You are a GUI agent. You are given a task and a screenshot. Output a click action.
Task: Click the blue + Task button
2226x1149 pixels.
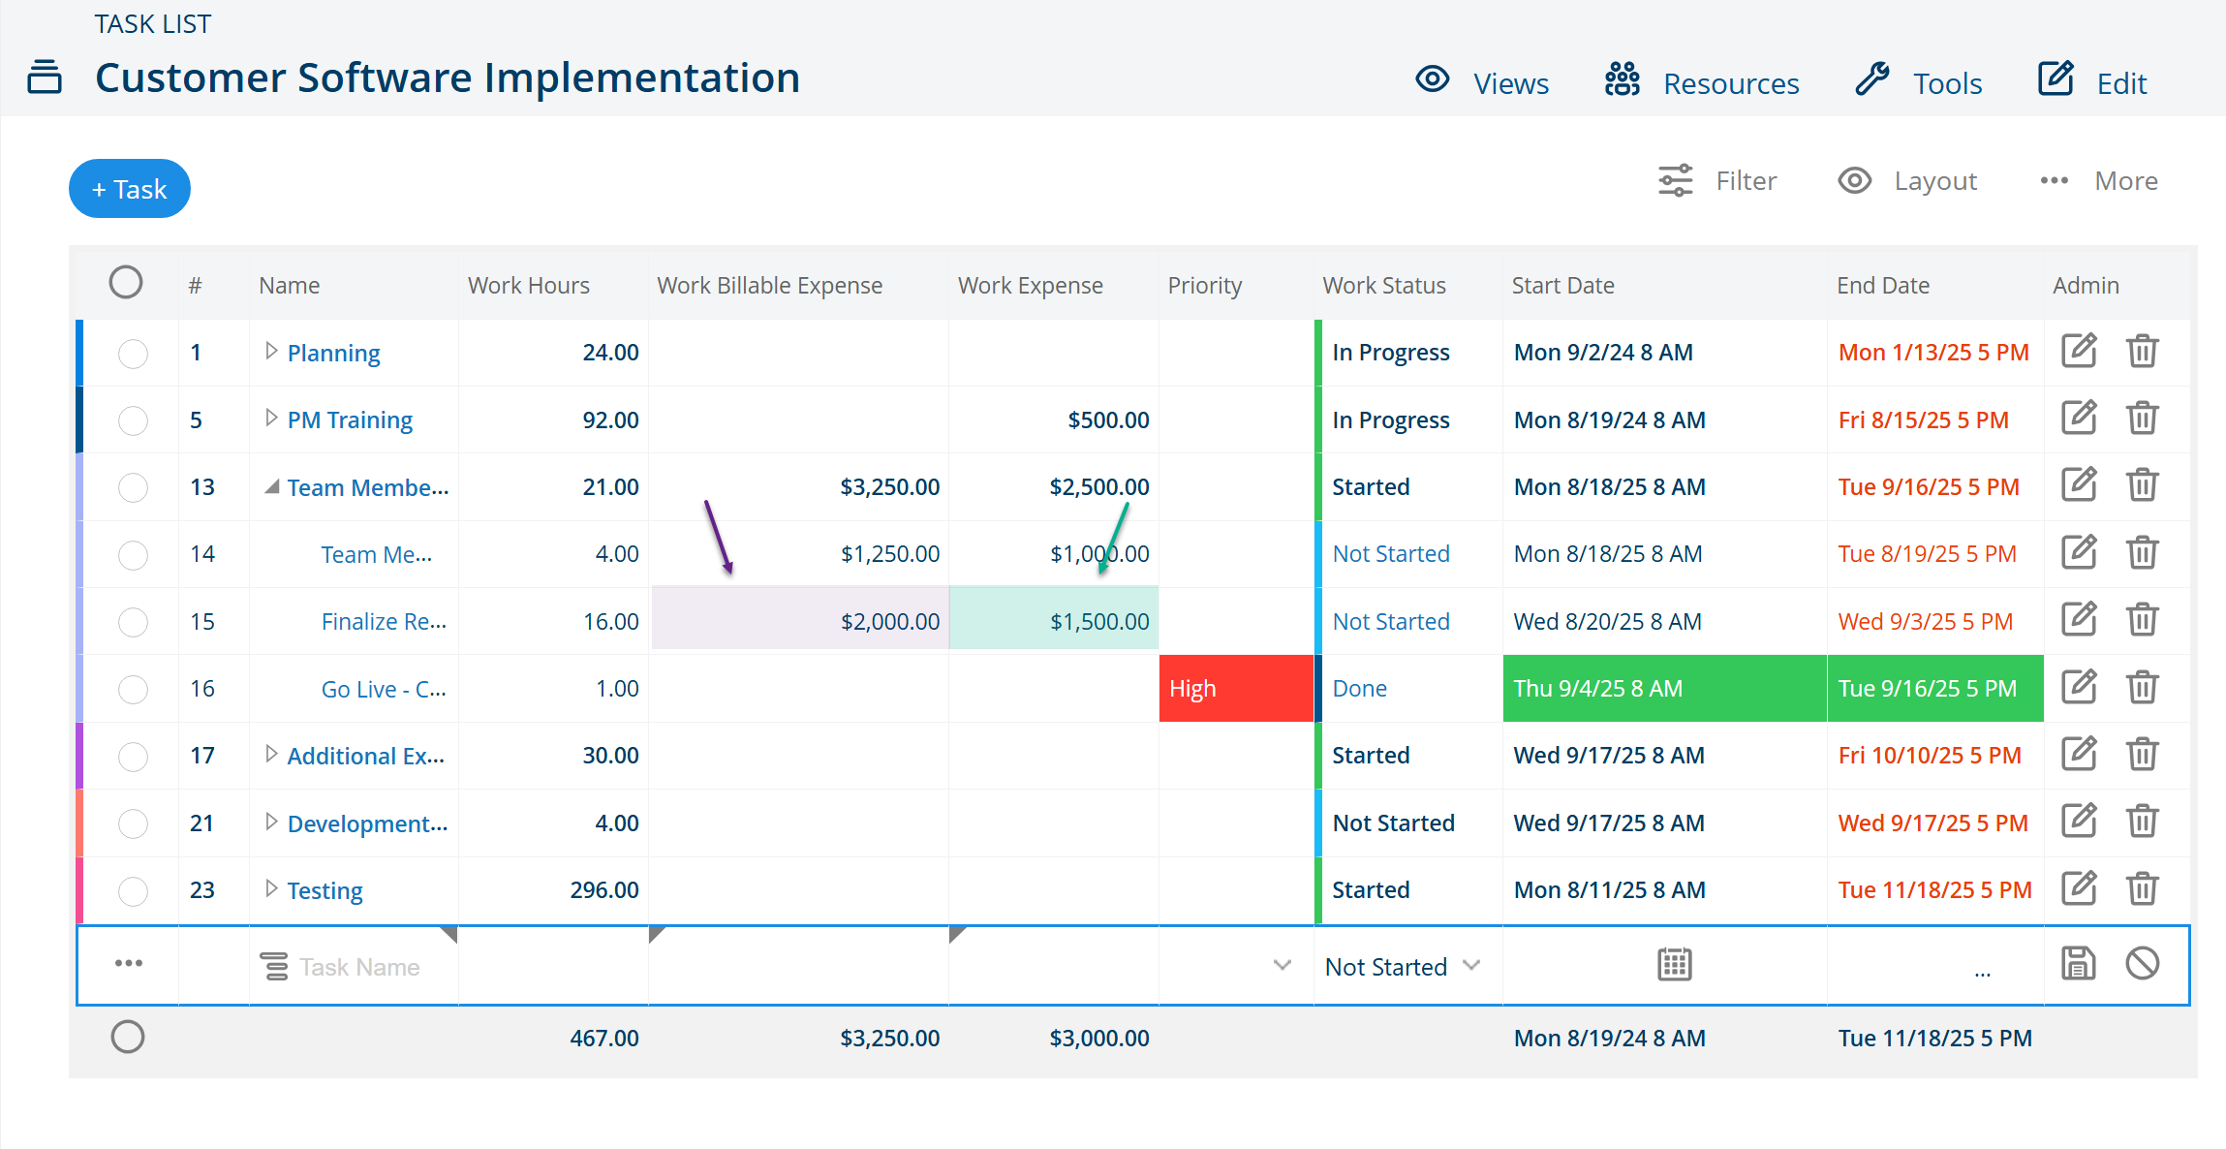coord(130,189)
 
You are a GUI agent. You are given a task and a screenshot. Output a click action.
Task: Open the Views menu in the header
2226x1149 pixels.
coord(1482,82)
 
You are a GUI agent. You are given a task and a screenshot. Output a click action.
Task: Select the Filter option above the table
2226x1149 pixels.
coord(1717,181)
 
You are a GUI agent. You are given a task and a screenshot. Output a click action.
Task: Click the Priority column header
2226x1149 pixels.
coord(1204,285)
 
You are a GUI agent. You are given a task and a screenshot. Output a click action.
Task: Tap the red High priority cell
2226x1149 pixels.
coord(1236,689)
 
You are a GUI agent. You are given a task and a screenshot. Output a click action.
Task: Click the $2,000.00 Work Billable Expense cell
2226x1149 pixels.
coord(799,621)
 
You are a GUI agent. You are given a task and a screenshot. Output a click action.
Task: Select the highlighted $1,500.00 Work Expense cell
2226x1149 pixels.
coord(1054,621)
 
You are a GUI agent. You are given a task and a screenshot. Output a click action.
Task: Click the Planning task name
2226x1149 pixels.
coord(333,353)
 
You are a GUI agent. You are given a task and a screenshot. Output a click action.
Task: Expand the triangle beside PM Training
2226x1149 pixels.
coord(271,418)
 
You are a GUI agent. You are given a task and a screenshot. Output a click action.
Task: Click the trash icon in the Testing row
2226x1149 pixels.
coord(2142,888)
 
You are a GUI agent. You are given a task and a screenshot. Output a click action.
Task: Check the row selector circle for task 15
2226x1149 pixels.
coord(133,622)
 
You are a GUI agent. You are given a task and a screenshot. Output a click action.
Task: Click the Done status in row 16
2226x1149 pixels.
coord(1359,689)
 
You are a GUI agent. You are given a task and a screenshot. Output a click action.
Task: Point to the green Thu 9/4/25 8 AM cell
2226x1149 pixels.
coord(1664,689)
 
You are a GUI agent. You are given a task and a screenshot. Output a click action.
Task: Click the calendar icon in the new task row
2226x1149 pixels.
coord(1674,965)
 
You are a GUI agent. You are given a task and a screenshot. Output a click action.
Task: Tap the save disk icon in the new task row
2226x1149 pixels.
coord(2078,964)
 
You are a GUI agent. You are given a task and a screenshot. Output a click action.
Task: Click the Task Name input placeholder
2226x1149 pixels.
coord(358,967)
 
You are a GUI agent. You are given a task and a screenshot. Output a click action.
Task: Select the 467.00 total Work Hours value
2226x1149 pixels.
coord(604,1039)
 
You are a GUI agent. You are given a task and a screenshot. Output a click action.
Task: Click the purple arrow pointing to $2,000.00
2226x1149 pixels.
coord(719,538)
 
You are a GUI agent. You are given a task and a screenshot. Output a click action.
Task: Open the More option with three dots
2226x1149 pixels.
coord(2098,181)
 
